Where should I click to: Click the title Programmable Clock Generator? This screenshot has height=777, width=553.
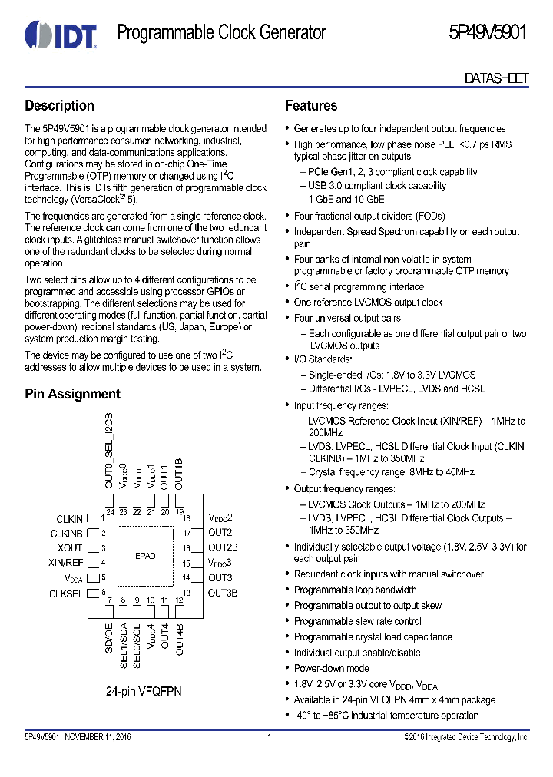coord(221,32)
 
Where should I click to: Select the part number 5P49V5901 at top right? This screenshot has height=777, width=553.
coord(488,32)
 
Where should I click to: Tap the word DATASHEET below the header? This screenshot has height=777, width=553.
coord(497,78)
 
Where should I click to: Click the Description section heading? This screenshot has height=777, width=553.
coord(59,106)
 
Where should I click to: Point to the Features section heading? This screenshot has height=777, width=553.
coord(311,106)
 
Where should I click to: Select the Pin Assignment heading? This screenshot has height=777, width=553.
coord(72,394)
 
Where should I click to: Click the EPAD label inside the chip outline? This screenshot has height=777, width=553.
coord(145,555)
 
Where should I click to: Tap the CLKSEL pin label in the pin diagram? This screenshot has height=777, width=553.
coord(66,593)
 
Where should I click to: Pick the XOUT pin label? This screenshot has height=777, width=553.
coord(70,548)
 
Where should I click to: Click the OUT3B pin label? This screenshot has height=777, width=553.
coord(223,593)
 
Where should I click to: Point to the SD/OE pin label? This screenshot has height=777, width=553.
coord(109,639)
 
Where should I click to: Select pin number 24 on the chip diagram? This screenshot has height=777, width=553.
coord(110,512)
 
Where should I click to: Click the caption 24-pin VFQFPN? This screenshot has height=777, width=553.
coord(144,691)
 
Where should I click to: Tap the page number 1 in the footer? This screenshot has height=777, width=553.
coord(270,737)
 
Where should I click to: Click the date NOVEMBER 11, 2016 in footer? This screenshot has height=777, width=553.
coord(97,737)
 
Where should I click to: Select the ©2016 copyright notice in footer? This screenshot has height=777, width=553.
coord(466,737)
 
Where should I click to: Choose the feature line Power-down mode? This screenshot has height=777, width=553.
coord(331,668)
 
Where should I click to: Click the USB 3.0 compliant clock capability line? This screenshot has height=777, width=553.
coord(377,186)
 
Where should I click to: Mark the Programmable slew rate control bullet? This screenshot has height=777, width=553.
coord(357,621)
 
